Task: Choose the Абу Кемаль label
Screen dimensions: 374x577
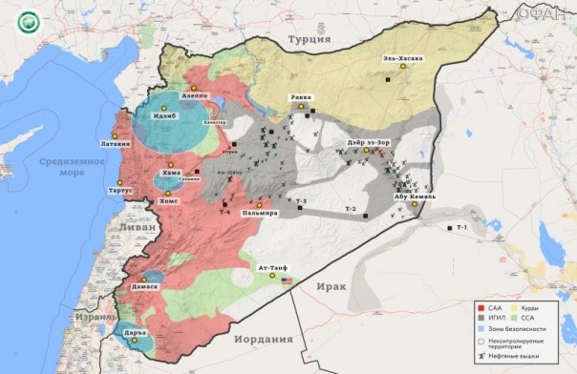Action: [415, 196]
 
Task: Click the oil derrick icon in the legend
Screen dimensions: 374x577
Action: [481, 355]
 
